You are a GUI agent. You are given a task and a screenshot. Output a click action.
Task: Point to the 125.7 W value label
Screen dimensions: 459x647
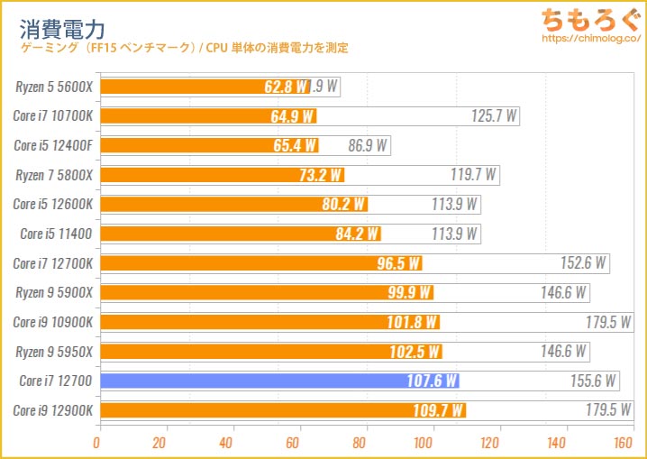[495, 116]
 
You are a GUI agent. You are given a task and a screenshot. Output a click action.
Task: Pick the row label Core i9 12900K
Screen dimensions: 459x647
[53, 410]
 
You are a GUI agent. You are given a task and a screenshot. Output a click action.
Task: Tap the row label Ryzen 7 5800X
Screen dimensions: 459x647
[54, 175]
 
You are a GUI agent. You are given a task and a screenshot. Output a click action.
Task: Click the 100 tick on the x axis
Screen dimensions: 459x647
[424, 443]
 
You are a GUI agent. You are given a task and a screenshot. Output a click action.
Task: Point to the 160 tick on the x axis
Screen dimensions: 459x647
[622, 443]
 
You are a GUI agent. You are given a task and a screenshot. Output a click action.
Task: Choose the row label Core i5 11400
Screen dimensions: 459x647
[56, 234]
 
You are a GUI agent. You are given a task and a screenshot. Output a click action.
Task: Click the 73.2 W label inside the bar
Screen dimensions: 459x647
[320, 175]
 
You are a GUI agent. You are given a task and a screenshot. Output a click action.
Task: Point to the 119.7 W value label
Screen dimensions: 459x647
[474, 175]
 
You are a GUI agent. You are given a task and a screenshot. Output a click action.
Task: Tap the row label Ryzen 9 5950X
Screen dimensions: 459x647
[53, 352]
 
